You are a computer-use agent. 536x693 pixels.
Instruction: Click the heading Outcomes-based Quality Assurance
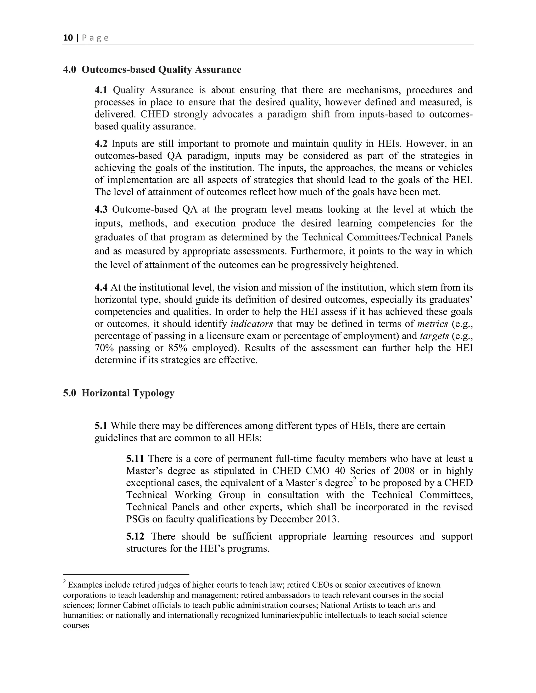point(161,70)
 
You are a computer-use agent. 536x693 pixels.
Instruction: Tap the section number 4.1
point(101,90)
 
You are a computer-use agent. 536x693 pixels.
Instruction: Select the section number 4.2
point(101,144)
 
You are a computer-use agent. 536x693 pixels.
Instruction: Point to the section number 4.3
point(101,209)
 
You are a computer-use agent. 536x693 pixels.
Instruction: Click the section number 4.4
point(101,287)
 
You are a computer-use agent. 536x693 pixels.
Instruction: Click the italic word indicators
point(252,324)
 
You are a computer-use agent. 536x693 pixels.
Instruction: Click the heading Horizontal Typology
point(128,393)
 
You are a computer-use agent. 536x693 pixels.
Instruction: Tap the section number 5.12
point(135,537)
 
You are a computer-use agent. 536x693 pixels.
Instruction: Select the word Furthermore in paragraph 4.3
point(317,251)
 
